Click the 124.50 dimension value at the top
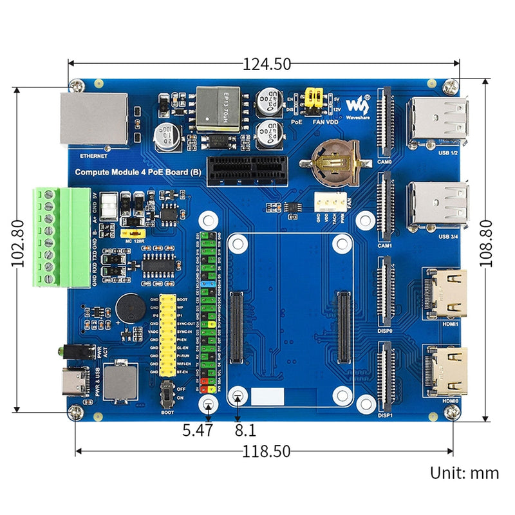click(267, 64)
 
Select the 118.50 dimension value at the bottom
click(267, 451)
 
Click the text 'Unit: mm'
click(464, 473)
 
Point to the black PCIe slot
click(247, 168)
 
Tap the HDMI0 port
click(445, 372)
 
